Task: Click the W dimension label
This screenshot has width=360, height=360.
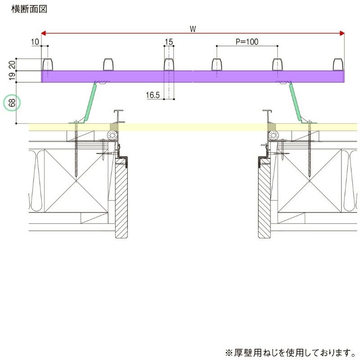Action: tap(193, 29)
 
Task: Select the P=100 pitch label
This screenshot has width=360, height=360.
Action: tap(247, 42)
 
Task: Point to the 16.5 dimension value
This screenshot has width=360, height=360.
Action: tap(153, 95)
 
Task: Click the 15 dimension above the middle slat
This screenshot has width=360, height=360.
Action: tap(169, 42)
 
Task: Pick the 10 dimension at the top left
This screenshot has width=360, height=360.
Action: tap(36, 42)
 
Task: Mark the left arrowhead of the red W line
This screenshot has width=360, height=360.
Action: tap(44, 33)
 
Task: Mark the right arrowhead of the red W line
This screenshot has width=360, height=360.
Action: tap(342, 33)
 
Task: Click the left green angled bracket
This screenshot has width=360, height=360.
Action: tap(90, 102)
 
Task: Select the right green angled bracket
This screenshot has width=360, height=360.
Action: tap(295, 102)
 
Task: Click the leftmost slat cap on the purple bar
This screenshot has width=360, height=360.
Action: tap(47, 64)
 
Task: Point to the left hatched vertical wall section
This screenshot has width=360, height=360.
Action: tap(121, 200)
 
